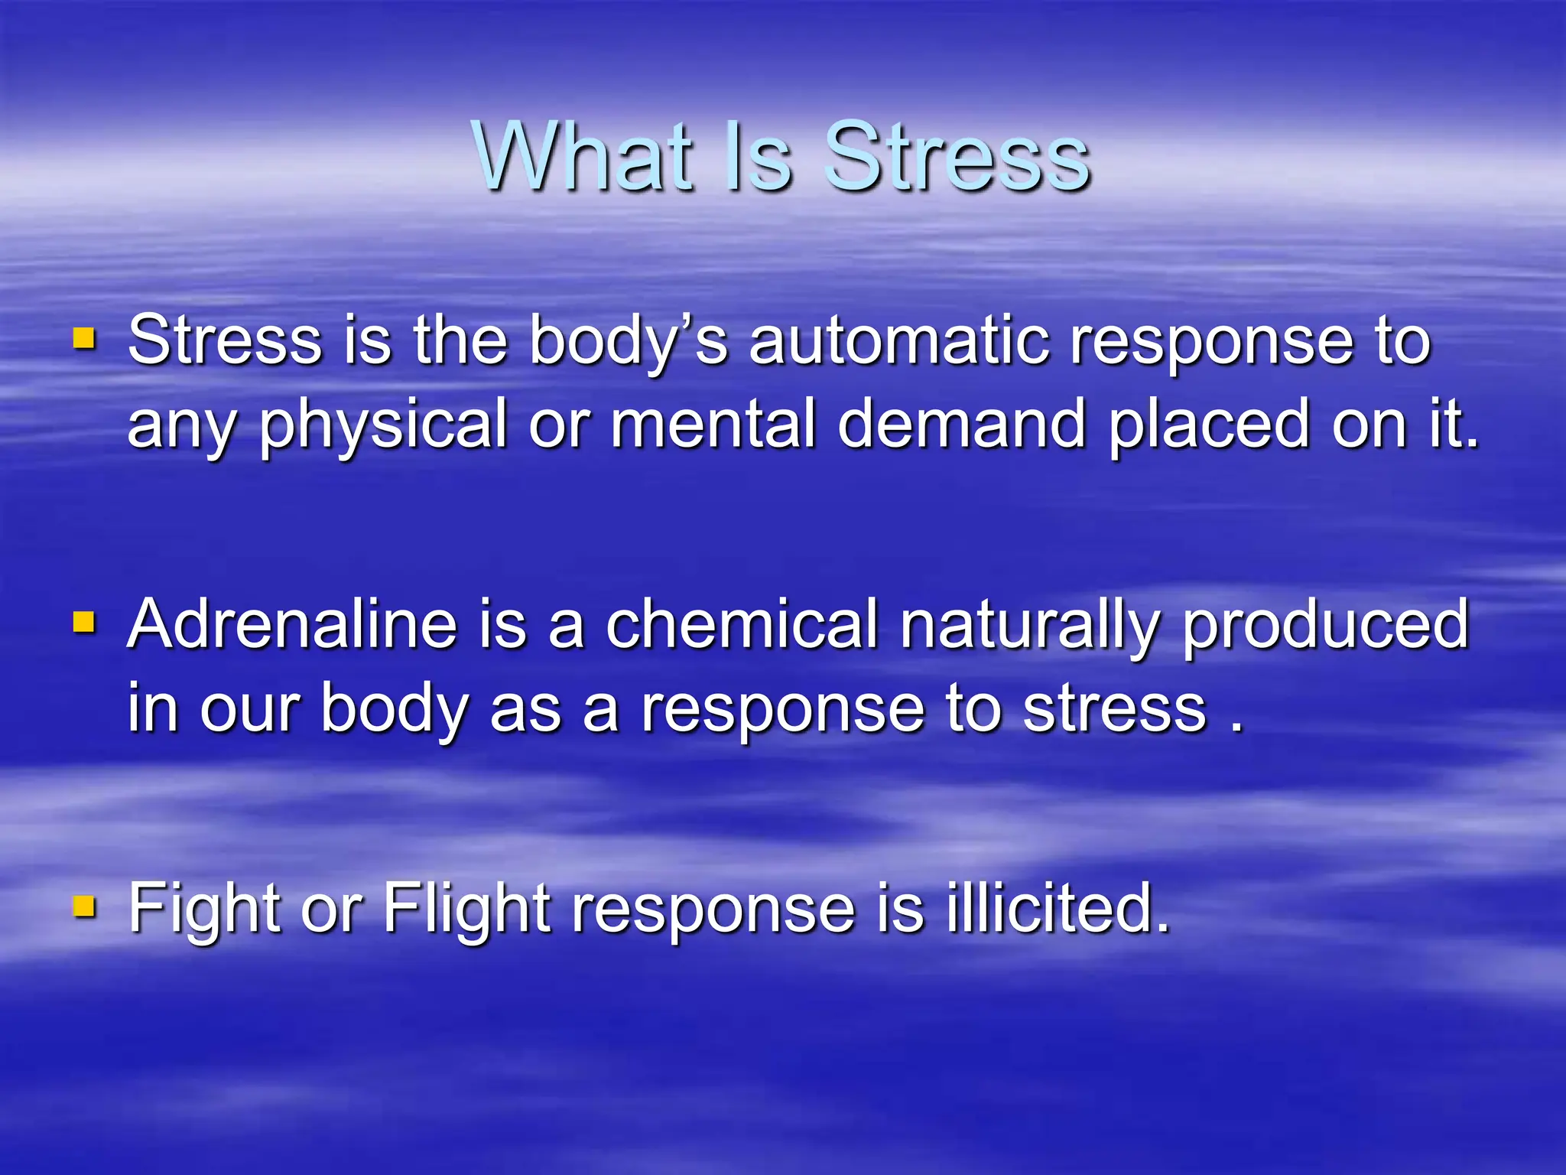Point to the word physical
pyautogui.click(x=383, y=425)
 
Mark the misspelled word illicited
pyautogui.click(x=1058, y=909)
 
